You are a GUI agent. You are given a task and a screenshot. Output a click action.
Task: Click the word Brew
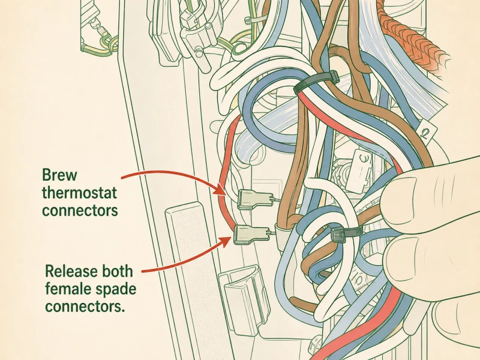[59, 175]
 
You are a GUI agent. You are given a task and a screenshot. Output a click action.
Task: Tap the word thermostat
[79, 193]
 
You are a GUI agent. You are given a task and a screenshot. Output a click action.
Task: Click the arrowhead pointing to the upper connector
[221, 188]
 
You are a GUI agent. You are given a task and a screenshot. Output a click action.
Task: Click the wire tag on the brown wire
[426, 130]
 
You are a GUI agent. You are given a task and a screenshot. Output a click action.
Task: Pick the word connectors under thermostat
[80, 211]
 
